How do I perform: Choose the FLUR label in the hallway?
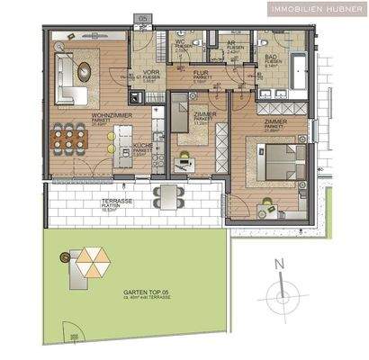(201, 76)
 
